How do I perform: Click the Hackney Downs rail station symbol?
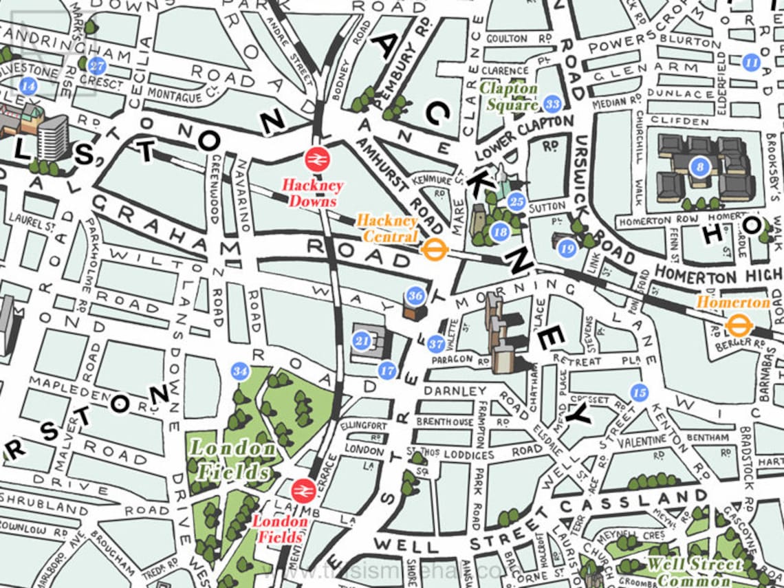coord(318,160)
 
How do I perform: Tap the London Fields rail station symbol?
coord(303,491)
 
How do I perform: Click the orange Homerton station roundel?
coord(738,325)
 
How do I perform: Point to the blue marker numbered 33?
coord(552,104)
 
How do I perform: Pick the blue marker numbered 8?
coord(700,166)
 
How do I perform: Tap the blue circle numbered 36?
coord(415,296)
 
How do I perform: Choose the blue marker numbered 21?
coord(362,340)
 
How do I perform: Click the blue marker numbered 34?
coord(239,371)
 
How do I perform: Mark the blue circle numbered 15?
coord(640,393)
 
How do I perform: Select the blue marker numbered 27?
coord(97,66)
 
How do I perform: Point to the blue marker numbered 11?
coord(752,63)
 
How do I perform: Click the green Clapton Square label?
coord(509,96)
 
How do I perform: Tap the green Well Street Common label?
coord(695,570)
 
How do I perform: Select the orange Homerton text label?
coord(733,303)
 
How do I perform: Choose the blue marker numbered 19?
coord(567,249)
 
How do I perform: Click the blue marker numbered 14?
coord(28,86)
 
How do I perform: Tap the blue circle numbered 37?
coord(435,344)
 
